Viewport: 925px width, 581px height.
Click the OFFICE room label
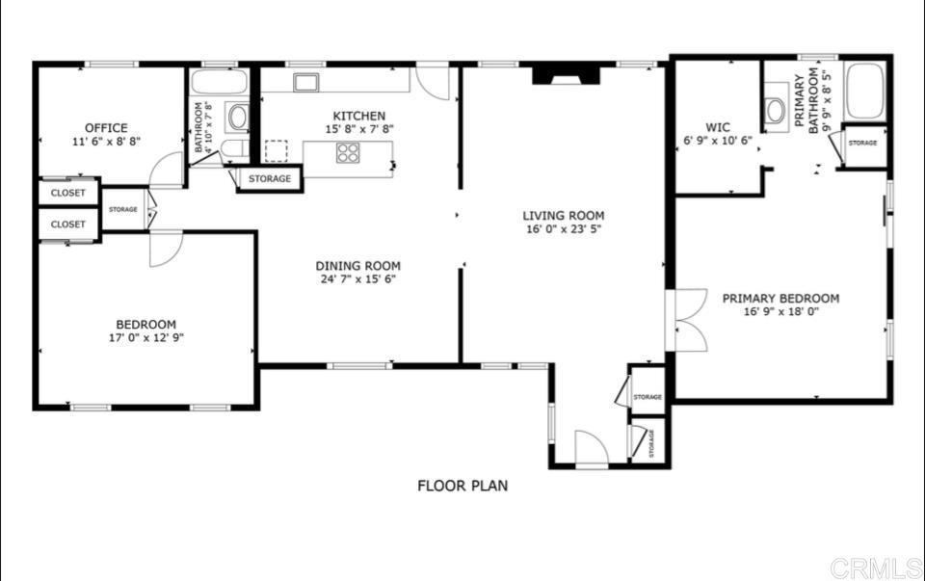(x=106, y=128)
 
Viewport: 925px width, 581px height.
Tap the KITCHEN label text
(x=359, y=116)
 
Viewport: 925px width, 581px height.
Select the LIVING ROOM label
(x=564, y=216)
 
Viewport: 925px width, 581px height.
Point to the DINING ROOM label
(x=358, y=266)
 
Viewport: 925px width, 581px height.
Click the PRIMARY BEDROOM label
(x=780, y=299)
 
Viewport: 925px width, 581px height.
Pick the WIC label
(x=718, y=126)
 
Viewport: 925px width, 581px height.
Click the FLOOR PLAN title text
(x=462, y=486)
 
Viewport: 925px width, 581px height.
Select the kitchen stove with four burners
(x=348, y=152)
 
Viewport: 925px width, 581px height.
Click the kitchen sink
(x=307, y=82)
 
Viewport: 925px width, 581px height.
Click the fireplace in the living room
(x=566, y=75)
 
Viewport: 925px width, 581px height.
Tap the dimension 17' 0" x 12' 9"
(x=146, y=338)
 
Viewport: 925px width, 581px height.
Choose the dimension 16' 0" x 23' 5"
(x=564, y=229)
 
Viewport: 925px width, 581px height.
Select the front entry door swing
(x=590, y=449)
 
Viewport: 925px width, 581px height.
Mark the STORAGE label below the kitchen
(x=270, y=179)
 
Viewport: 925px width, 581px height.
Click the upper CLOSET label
(x=68, y=193)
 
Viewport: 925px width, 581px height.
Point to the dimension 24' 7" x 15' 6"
(x=358, y=279)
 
